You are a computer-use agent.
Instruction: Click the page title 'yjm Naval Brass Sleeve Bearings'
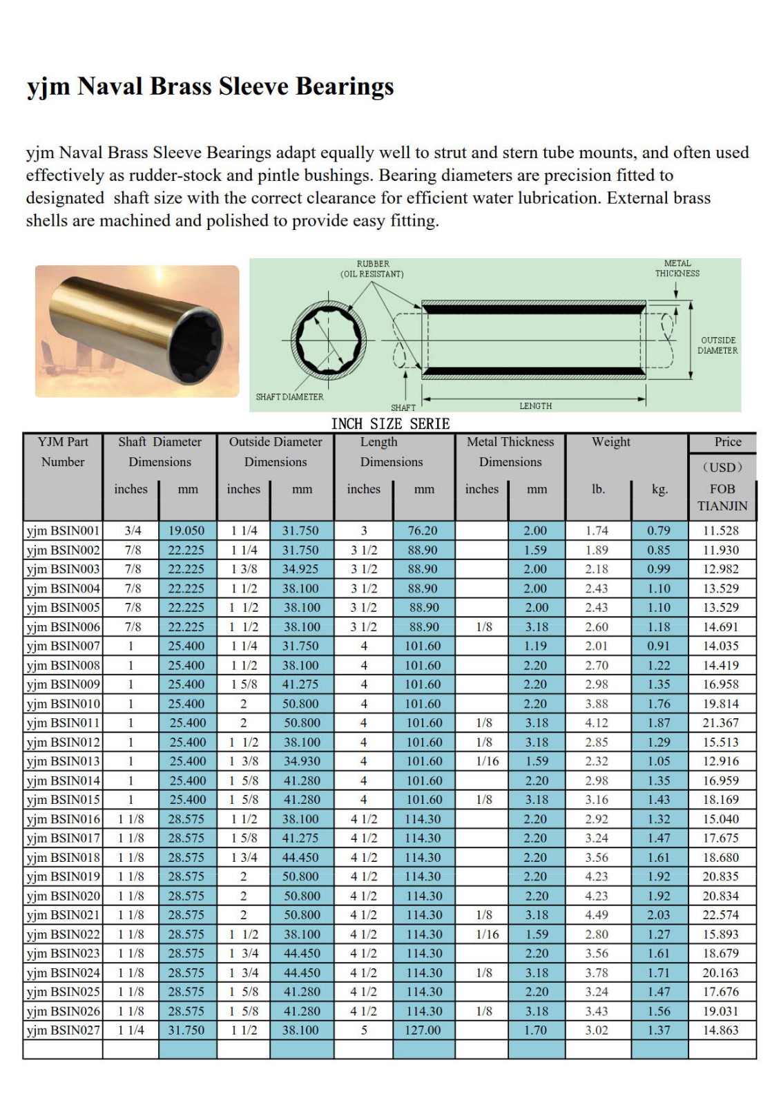[x=210, y=87]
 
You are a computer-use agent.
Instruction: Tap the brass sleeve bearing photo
[x=137, y=331]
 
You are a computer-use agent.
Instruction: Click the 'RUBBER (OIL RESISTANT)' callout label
[x=372, y=269]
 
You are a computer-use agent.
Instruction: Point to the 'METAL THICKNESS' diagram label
[x=677, y=268]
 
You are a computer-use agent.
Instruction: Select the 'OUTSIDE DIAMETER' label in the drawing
[x=717, y=345]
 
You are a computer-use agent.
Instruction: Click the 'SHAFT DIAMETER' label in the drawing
[x=289, y=397]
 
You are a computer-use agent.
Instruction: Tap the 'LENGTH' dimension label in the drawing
[x=535, y=406]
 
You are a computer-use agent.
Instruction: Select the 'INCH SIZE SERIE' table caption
[x=390, y=424]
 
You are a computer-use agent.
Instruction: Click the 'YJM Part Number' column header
[x=63, y=452]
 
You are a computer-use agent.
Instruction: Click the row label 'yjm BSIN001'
[x=63, y=531]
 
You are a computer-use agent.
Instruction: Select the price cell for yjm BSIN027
[x=721, y=1030]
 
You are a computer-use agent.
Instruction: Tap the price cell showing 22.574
[x=721, y=915]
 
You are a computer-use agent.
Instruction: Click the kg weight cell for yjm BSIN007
[x=659, y=646]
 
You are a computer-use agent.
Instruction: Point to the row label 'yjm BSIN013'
[x=63, y=762]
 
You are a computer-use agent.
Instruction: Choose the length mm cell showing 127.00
[x=423, y=1030]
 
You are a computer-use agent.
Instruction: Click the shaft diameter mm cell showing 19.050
[x=186, y=531]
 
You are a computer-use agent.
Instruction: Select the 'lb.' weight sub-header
[x=598, y=489]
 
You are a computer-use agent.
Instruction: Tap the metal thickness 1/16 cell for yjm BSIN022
[x=483, y=934]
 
